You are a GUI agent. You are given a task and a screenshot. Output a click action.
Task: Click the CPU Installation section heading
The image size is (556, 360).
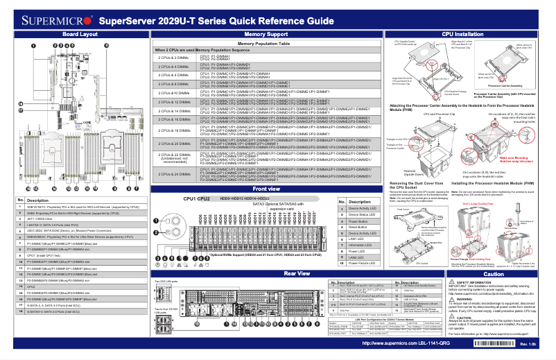(462, 33)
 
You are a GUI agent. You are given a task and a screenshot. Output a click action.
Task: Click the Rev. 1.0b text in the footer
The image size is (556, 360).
(529, 345)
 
